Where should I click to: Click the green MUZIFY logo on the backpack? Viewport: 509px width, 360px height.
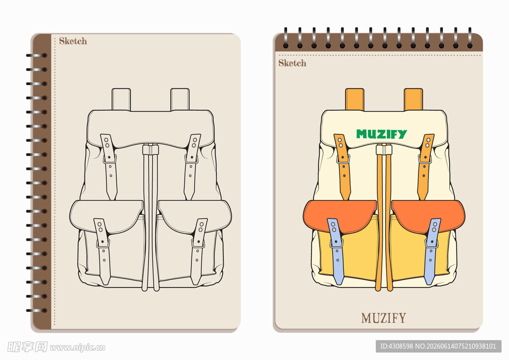tap(381, 134)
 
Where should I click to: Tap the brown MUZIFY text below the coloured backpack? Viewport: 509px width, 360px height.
tap(383, 318)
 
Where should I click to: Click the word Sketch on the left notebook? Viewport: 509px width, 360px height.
tap(73, 41)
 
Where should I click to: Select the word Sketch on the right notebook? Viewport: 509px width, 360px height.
tap(292, 63)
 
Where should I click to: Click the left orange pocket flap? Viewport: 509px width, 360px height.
tap(339, 215)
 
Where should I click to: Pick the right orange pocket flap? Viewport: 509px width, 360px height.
tap(428, 215)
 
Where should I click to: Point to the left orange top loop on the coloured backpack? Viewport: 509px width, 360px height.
tap(354, 99)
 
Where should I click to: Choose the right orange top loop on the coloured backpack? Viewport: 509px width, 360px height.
tap(413, 99)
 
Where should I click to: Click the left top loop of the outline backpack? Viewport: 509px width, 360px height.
tap(121, 99)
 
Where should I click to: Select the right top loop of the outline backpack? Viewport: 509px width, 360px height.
tap(180, 99)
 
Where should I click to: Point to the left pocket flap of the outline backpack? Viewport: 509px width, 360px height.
tap(106, 215)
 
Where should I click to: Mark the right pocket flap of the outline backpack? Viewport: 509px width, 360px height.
tap(195, 215)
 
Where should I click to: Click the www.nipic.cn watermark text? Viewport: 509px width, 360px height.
tap(78, 348)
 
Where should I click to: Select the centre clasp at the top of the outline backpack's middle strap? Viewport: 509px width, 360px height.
tap(150, 150)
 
